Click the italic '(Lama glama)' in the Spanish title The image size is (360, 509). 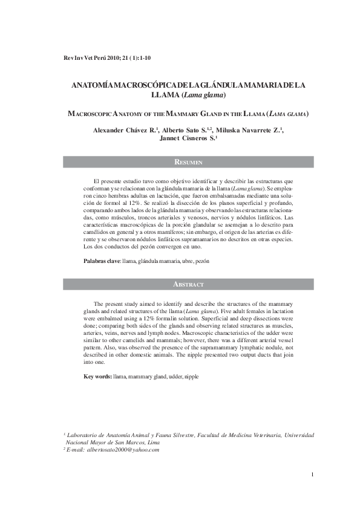coord(206,96)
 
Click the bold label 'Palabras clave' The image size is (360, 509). coord(102,261)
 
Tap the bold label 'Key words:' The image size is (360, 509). coord(97,377)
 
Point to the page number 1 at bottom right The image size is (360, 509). coord(312,475)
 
